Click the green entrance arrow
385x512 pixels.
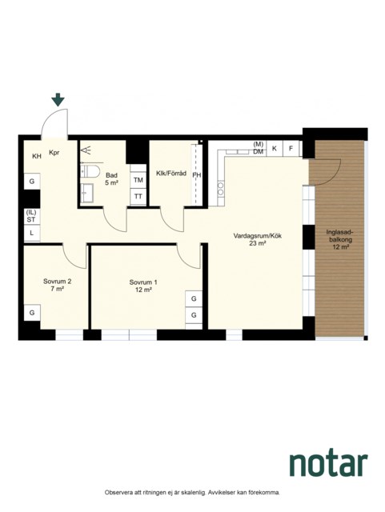coord(58,99)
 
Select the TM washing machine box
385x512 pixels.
coord(138,180)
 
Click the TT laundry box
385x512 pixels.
coord(138,197)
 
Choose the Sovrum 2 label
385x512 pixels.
coord(57,285)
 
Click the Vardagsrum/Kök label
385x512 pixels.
coord(258,239)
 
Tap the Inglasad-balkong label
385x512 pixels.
coord(340,240)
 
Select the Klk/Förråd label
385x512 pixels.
coord(171,174)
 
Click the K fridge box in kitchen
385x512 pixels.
coord(275,149)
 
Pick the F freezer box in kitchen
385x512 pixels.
coord(291,149)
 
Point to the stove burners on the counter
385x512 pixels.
coord(221,189)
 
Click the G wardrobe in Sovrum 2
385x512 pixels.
coord(32,313)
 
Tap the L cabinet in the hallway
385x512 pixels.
coord(32,233)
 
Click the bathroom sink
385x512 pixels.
coord(87,193)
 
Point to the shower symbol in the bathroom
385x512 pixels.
coord(86,150)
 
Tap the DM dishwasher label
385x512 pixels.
coord(259,151)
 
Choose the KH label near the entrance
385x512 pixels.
coord(37,157)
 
